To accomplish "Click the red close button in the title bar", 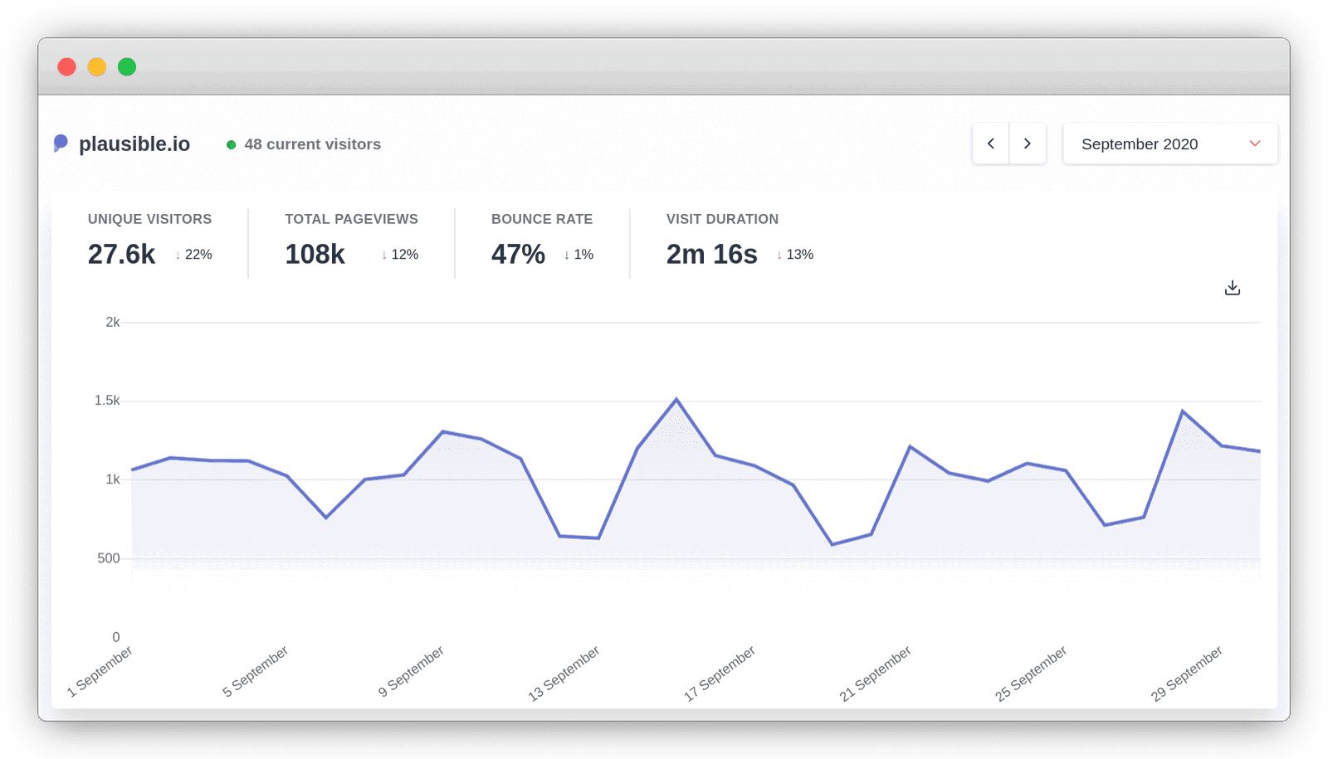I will click(x=67, y=67).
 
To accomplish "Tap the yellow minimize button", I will click(x=97, y=67).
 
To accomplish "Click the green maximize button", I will click(x=127, y=67).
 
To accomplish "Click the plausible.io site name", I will click(x=134, y=144).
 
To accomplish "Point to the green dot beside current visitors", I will click(x=232, y=145).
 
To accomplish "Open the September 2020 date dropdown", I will click(x=1169, y=144).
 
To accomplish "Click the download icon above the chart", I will click(x=1233, y=288).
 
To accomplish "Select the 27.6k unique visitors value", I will click(x=121, y=255).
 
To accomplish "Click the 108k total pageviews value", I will click(x=315, y=255).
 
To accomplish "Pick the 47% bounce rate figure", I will click(x=518, y=255).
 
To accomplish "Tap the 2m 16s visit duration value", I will click(x=711, y=255).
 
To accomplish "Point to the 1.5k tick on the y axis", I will click(x=107, y=401).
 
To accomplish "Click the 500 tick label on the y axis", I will click(x=109, y=558).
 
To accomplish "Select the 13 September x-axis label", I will click(x=564, y=673).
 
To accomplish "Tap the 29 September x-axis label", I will click(x=1187, y=673).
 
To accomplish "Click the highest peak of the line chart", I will click(x=676, y=400).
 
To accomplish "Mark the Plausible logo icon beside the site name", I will click(x=61, y=144).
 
